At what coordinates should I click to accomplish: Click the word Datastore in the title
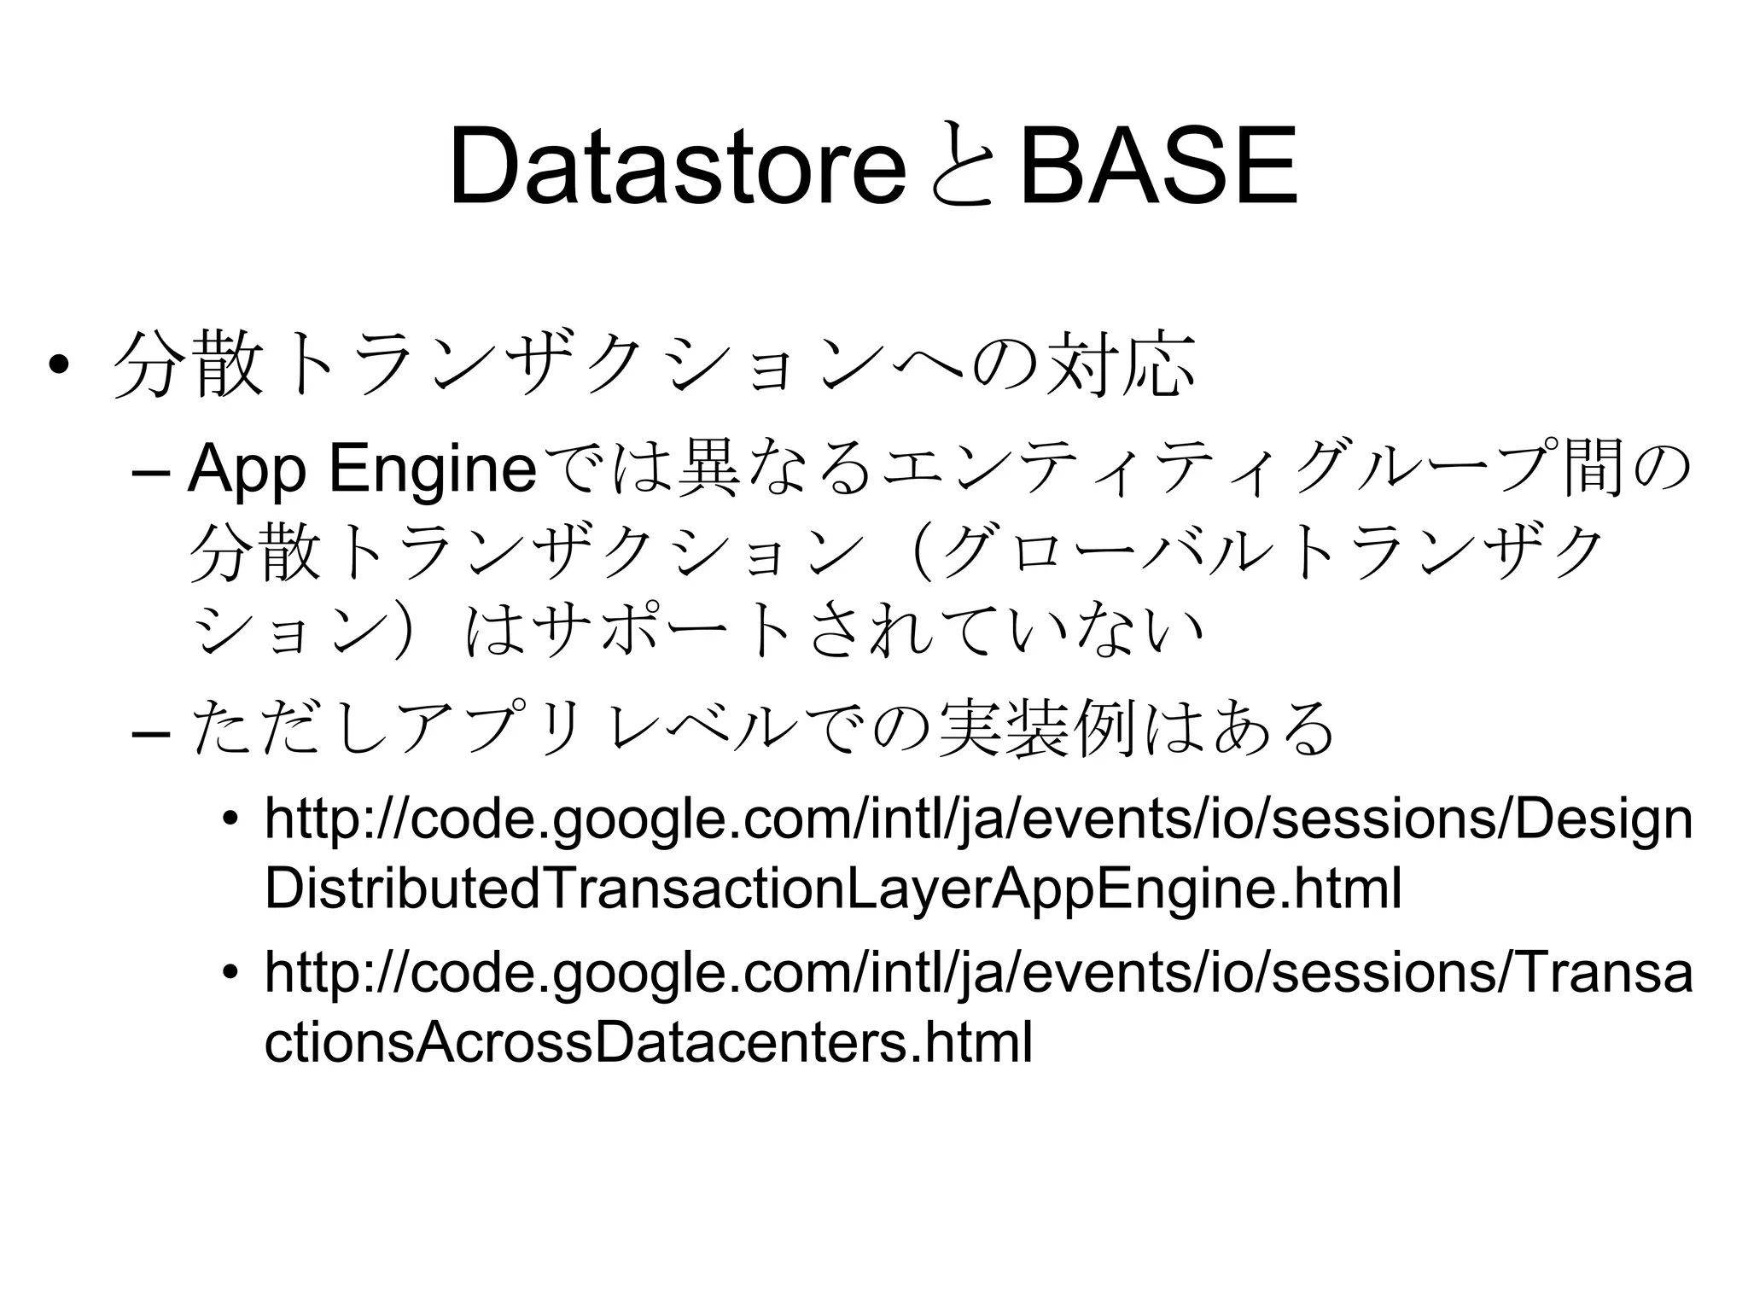click(676, 166)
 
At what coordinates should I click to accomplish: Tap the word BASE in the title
click(1157, 166)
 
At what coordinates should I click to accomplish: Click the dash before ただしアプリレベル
click(152, 731)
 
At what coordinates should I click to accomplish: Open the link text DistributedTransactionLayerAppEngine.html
click(833, 889)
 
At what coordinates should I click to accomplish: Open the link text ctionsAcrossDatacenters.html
click(649, 1041)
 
